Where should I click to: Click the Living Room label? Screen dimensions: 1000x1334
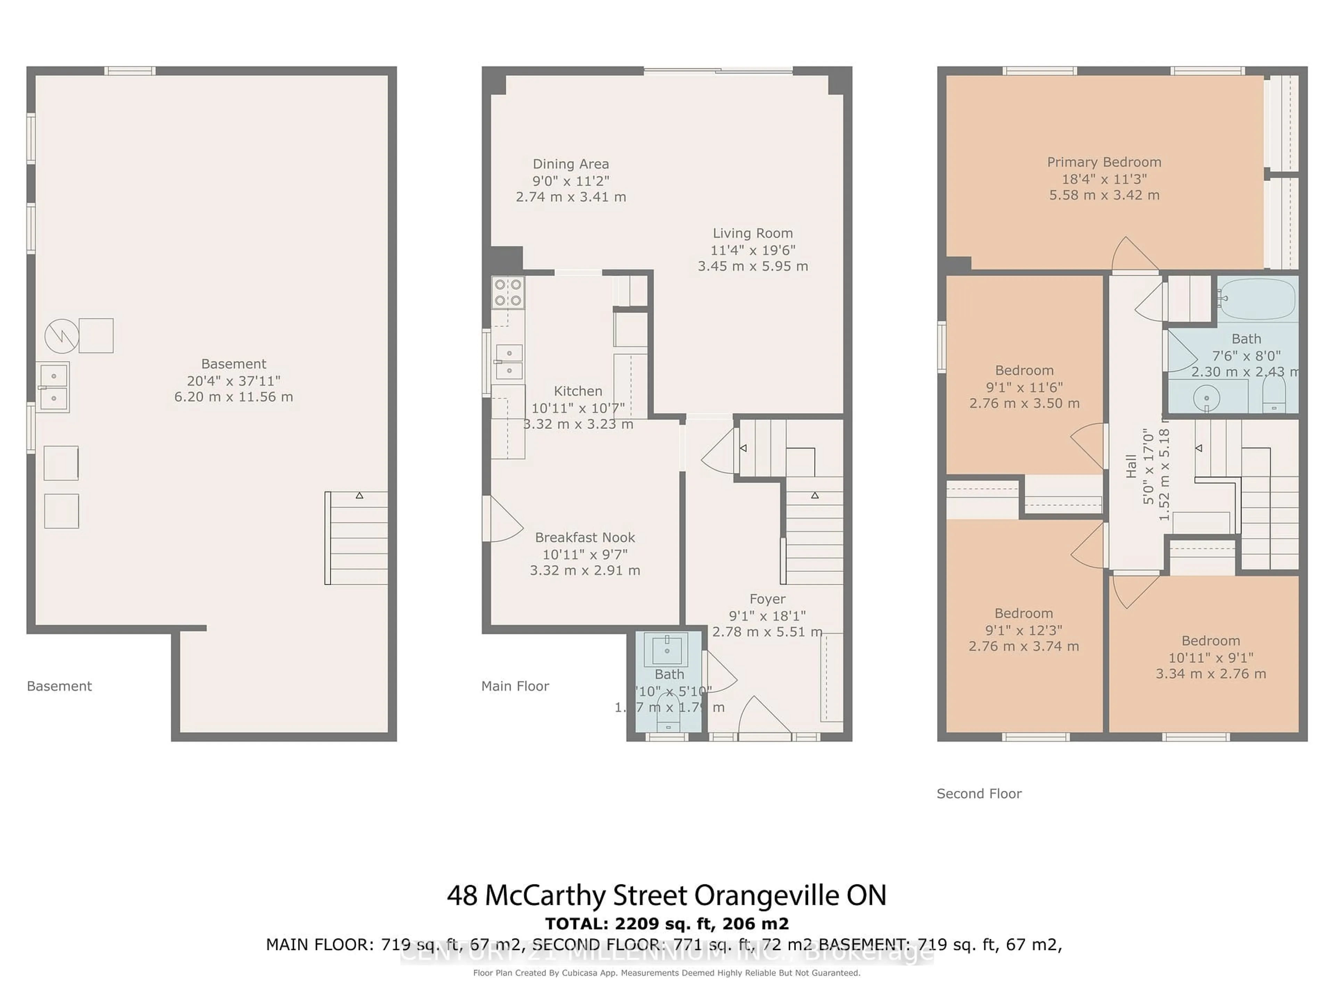click(753, 233)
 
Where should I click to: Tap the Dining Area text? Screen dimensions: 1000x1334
click(570, 164)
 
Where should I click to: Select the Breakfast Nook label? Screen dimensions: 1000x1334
click(585, 537)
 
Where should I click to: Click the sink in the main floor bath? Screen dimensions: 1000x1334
click(666, 649)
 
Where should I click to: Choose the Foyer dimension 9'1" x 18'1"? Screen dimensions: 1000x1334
click(767, 615)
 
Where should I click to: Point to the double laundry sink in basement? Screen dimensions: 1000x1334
click(53, 387)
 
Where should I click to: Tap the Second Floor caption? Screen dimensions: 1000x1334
click(979, 793)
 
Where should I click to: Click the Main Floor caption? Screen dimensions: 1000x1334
click(515, 686)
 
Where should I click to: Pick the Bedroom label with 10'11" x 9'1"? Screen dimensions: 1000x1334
click(1210, 641)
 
